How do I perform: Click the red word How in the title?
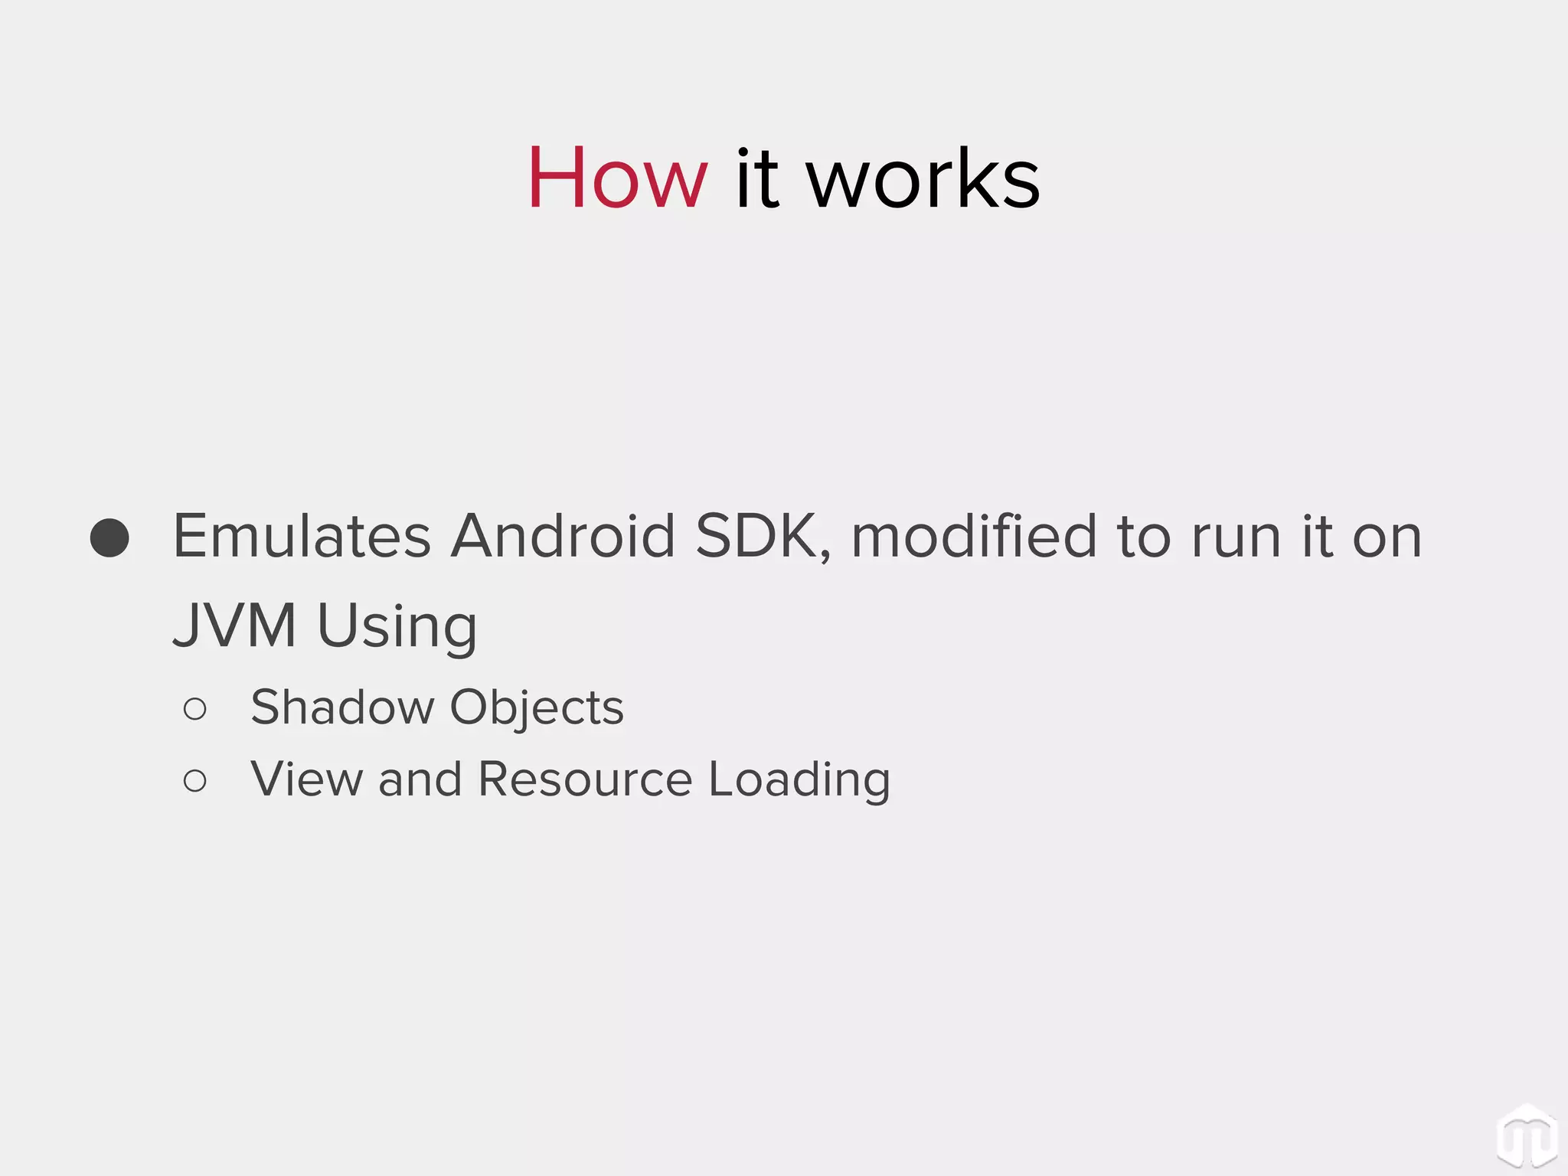[x=617, y=178]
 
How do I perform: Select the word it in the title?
[x=757, y=178]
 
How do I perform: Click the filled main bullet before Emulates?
[x=109, y=537]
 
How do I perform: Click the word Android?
[x=563, y=536]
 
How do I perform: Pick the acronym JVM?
[x=234, y=626]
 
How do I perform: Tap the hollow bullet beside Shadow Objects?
[x=195, y=709]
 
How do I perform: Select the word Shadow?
[x=342, y=707]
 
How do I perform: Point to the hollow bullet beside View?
[x=195, y=781]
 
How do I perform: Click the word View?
[x=306, y=779]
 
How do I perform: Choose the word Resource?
[x=585, y=779]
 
